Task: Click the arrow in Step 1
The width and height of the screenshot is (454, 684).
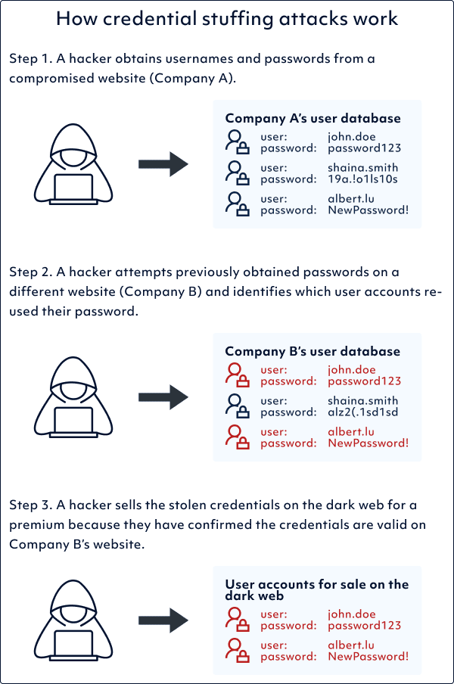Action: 163,163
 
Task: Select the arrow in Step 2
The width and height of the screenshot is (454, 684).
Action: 163,396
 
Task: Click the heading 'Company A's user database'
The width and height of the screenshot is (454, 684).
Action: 313,119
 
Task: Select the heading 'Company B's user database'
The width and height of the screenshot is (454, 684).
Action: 313,352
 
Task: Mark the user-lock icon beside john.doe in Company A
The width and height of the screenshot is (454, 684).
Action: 238,143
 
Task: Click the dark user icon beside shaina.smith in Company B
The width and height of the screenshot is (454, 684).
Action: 238,406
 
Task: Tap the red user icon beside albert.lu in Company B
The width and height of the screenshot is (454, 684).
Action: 238,437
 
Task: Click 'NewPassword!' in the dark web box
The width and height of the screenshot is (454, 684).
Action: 368,656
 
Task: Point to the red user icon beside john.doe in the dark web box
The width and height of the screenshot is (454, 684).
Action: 238,620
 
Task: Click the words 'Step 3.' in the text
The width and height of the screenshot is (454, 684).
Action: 31,505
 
